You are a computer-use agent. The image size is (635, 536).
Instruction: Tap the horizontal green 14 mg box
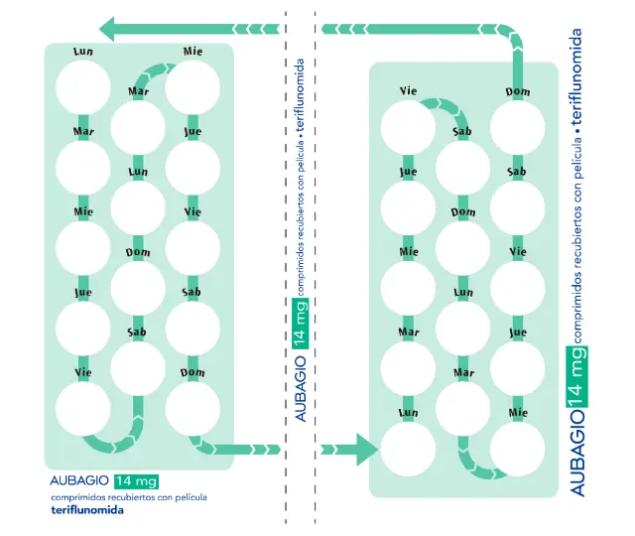(137, 481)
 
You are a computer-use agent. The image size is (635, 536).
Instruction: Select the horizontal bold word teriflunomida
(88, 510)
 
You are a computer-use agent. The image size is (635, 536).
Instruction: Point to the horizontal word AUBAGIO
(79, 481)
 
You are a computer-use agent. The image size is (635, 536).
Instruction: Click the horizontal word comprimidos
(82, 496)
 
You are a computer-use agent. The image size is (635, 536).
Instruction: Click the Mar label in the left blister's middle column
(138, 92)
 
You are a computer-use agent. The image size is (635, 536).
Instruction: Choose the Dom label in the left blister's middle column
(138, 252)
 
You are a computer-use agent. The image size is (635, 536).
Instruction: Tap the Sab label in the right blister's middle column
(461, 131)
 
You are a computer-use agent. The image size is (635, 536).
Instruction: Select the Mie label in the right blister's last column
(517, 411)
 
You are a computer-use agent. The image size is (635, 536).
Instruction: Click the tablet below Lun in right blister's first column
(408, 449)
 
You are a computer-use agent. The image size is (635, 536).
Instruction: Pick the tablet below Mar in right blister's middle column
(462, 408)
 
